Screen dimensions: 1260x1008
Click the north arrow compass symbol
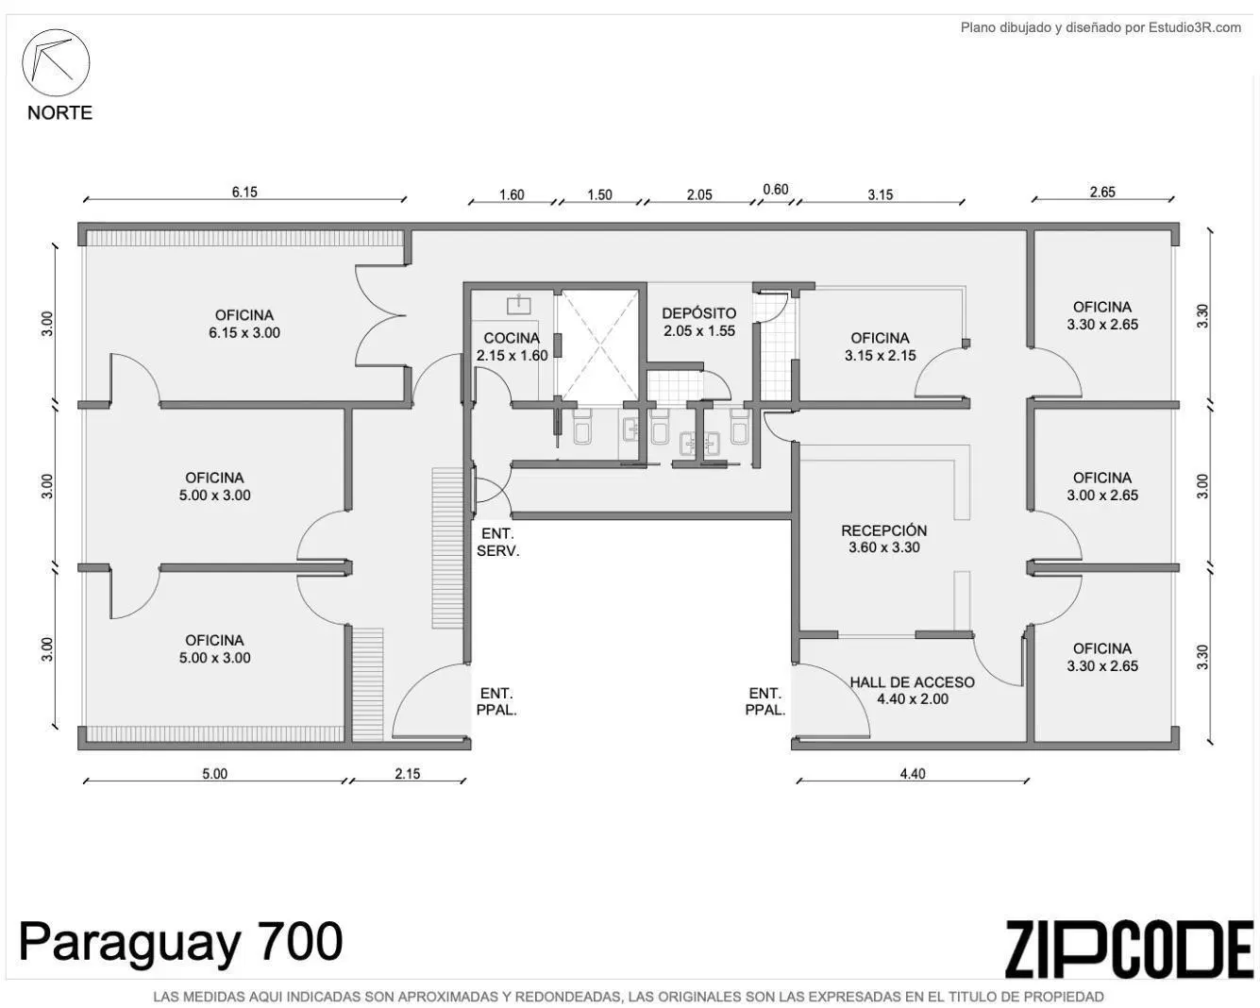tap(57, 62)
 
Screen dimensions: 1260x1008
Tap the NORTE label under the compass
tap(59, 113)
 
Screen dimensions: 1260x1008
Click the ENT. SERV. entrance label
tap(497, 542)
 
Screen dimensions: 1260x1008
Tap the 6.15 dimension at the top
tap(244, 192)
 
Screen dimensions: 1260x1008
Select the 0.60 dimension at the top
tap(776, 189)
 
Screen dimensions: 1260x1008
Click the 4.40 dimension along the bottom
tap(913, 774)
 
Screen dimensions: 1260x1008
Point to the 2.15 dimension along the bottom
tap(408, 774)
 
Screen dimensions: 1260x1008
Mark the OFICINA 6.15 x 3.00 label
tap(244, 324)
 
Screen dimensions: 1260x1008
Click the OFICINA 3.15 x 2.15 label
tap(880, 346)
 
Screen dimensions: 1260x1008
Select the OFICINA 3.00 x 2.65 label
tap(1102, 487)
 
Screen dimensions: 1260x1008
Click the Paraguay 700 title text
tap(181, 942)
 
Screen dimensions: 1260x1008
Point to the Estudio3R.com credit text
tap(1100, 27)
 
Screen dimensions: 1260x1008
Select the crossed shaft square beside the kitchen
tap(596, 344)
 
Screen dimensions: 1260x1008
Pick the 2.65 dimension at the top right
tap(1102, 192)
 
